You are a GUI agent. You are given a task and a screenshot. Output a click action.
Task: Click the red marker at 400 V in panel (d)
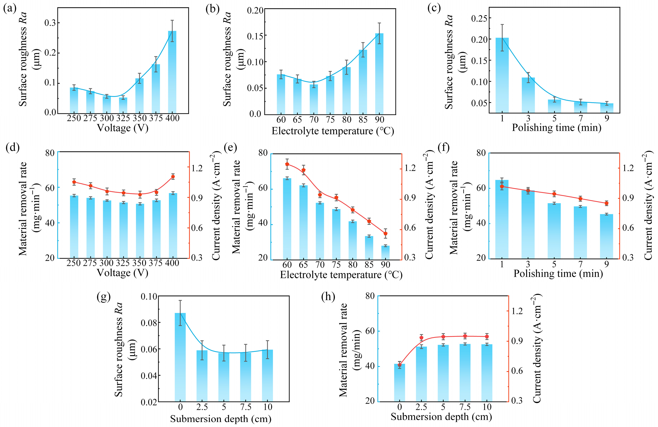click(173, 177)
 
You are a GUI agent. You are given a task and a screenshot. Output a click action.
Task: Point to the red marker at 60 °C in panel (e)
click(287, 164)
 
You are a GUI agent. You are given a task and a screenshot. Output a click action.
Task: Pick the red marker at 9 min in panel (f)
click(606, 203)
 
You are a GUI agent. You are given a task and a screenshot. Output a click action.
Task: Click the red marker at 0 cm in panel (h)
click(399, 365)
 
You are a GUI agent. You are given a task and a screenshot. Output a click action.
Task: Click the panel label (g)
click(104, 297)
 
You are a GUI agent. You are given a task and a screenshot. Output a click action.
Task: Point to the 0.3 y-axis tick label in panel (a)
click(50, 23)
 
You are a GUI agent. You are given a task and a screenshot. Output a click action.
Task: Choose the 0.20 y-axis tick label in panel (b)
click(255, 10)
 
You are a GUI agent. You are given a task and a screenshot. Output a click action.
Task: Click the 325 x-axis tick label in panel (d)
click(123, 263)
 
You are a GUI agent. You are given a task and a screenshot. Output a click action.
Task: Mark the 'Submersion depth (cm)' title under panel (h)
click(441, 417)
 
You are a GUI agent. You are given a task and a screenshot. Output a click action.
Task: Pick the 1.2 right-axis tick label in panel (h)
click(517, 311)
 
